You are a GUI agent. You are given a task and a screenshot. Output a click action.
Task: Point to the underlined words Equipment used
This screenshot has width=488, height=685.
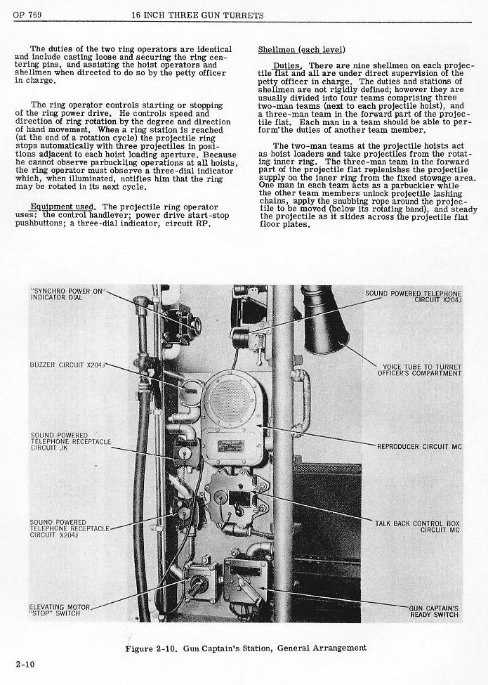coord(60,206)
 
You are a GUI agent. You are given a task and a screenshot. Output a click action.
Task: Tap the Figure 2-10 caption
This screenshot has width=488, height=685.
coord(245,648)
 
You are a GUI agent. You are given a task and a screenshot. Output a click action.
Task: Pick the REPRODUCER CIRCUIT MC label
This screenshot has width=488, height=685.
coord(419,447)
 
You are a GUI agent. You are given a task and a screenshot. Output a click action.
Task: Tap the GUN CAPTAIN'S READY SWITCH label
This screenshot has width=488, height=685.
coord(434,611)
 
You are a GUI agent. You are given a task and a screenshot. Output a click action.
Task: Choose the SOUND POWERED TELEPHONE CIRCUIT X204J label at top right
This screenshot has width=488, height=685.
coord(414,295)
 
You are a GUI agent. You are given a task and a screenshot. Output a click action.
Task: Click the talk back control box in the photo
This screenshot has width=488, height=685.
coord(235,497)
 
